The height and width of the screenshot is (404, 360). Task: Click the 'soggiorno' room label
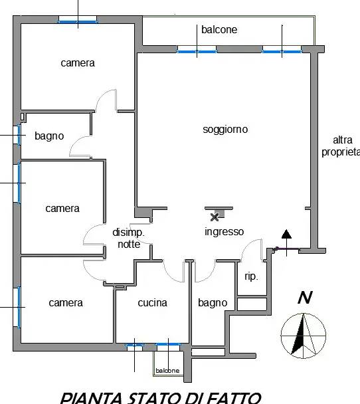pos(225,130)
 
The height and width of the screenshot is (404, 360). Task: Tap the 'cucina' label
pos(153,303)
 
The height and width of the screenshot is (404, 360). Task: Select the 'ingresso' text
pos(224,232)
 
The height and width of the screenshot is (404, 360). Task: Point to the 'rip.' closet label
pos(251,276)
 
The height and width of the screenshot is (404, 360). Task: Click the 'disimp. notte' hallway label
pos(128,238)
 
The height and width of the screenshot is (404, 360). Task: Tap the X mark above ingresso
pos(215,217)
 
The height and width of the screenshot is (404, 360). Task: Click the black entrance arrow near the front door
pos(287,243)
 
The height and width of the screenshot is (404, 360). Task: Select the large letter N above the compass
pos(305,297)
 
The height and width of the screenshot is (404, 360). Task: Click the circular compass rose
pos(303,336)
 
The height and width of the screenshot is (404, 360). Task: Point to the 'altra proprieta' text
pos(341,146)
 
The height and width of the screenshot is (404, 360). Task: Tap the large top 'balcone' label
pos(219,30)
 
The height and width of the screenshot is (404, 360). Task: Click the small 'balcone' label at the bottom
pos(167,371)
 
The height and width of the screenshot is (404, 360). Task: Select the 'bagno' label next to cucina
pos(213,303)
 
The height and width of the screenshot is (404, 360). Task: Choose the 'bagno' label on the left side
pos(49,136)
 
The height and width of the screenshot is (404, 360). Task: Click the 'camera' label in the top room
pos(78,63)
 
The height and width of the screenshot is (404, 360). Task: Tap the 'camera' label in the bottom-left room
pos(66,303)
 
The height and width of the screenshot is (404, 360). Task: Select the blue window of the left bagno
pos(19,135)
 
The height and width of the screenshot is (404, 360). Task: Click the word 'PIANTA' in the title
pos(92,398)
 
